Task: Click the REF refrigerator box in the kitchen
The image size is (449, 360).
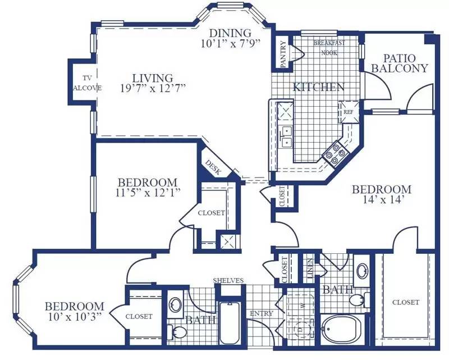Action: point(349,112)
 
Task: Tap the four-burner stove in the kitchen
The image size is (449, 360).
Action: point(335,154)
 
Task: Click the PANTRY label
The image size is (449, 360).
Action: point(283,54)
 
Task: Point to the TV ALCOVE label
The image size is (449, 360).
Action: point(87,83)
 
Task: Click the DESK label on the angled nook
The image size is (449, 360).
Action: point(213,167)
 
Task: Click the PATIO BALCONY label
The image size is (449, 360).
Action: point(399,63)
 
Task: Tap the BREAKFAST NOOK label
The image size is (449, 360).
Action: point(329,48)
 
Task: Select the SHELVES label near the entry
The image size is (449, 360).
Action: point(228,281)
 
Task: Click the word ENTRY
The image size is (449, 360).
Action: point(262,313)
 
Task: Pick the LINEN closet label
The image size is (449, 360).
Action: point(310,268)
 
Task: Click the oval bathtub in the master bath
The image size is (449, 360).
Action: point(342,330)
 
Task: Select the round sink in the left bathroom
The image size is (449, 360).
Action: point(175,304)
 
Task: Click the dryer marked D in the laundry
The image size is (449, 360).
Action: point(301,330)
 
